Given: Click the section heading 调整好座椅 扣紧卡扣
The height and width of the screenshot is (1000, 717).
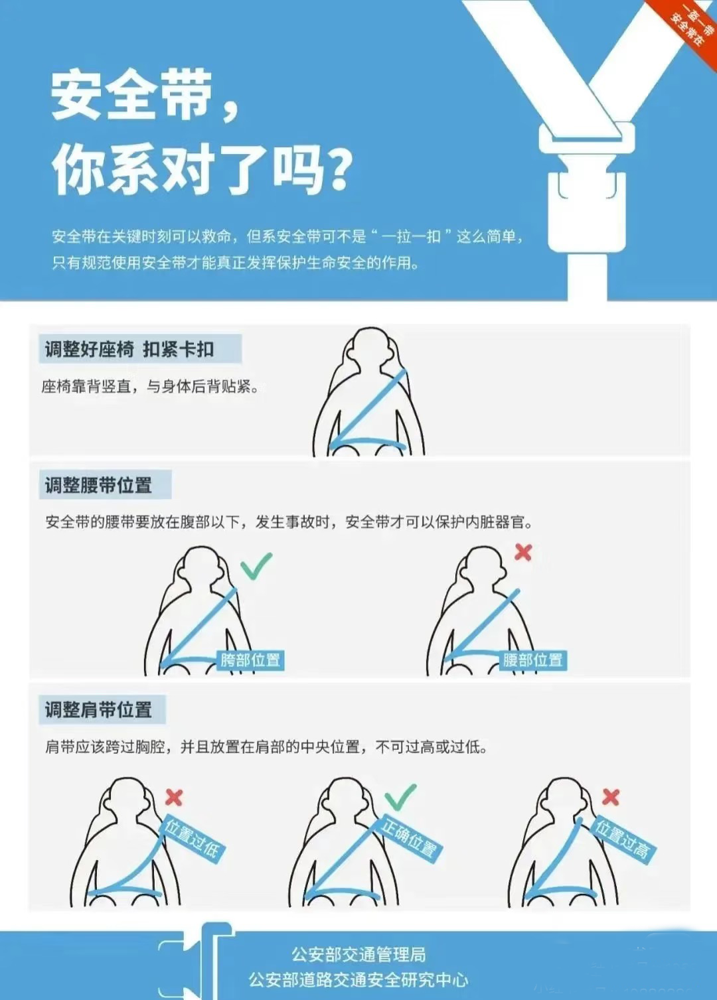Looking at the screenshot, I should point(130,349).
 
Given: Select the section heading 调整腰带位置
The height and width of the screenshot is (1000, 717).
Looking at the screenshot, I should point(99,485).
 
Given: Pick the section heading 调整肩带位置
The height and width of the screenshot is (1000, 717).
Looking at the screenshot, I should point(99,710).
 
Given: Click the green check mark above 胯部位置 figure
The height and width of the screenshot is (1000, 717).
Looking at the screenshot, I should point(256,565).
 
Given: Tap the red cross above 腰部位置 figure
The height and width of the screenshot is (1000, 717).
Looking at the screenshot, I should point(523,552).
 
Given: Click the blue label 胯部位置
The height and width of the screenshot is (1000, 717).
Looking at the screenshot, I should point(250,660).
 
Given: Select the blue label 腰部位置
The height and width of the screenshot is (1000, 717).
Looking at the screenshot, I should point(532,660).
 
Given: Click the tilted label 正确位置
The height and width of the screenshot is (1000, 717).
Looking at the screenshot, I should point(410,838).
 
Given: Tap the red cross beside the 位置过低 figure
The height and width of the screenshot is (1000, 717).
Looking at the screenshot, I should point(174,797).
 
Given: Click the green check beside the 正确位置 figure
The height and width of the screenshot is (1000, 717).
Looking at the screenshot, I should point(400,796).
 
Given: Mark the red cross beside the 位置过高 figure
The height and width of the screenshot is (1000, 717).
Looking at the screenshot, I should point(611,796).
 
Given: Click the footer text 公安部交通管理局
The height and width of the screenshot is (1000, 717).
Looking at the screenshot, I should point(358,954).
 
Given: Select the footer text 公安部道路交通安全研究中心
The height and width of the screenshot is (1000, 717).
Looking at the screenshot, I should point(358,980).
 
